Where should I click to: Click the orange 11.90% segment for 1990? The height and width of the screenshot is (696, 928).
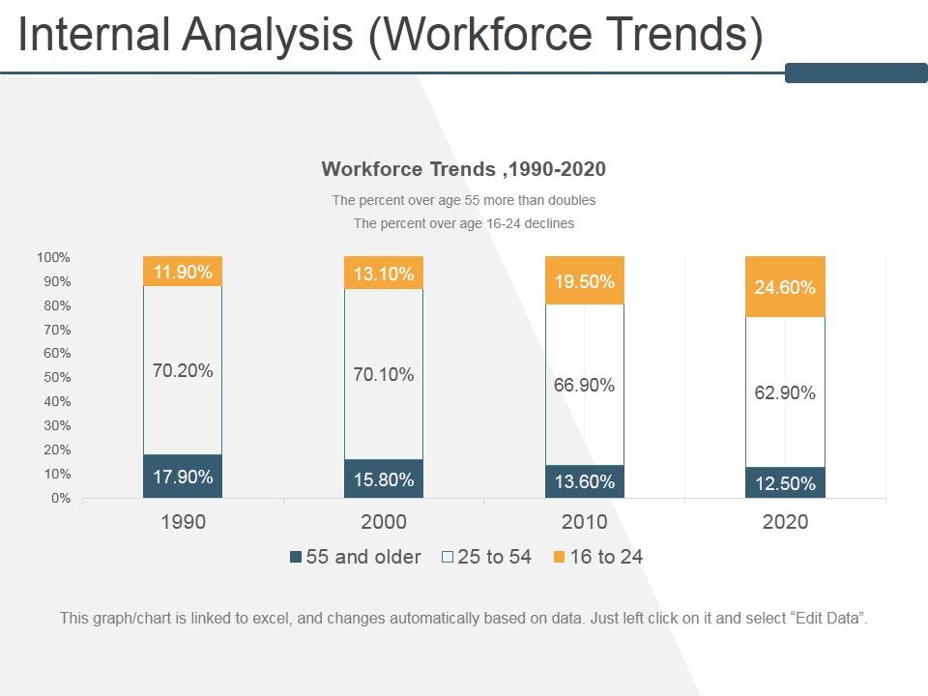coord(183,272)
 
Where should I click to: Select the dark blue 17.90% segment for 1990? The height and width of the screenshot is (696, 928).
coord(183,477)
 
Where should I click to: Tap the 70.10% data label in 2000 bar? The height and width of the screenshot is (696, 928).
coord(384,374)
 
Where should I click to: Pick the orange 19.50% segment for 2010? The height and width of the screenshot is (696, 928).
coord(585,281)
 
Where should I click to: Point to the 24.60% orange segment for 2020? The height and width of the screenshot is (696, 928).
coord(785,287)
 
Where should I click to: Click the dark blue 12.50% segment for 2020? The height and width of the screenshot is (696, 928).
coord(785,483)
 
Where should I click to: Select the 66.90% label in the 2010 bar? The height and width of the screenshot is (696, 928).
coord(585,385)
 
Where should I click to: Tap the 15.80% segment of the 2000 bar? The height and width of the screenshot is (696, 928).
coord(384,479)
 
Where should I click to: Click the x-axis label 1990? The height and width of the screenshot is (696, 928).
coord(183,523)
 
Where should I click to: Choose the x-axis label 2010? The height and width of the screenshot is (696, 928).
coord(585,523)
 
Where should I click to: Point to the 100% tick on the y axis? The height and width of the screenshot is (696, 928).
coord(53,257)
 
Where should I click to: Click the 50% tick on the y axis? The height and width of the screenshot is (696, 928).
coord(56,378)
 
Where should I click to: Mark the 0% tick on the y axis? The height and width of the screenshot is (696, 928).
coord(60,499)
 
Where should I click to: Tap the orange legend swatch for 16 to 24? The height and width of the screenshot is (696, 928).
coord(560,557)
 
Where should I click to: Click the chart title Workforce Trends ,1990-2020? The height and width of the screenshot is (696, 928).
coord(463,169)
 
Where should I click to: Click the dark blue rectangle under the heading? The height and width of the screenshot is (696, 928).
coord(855,72)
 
